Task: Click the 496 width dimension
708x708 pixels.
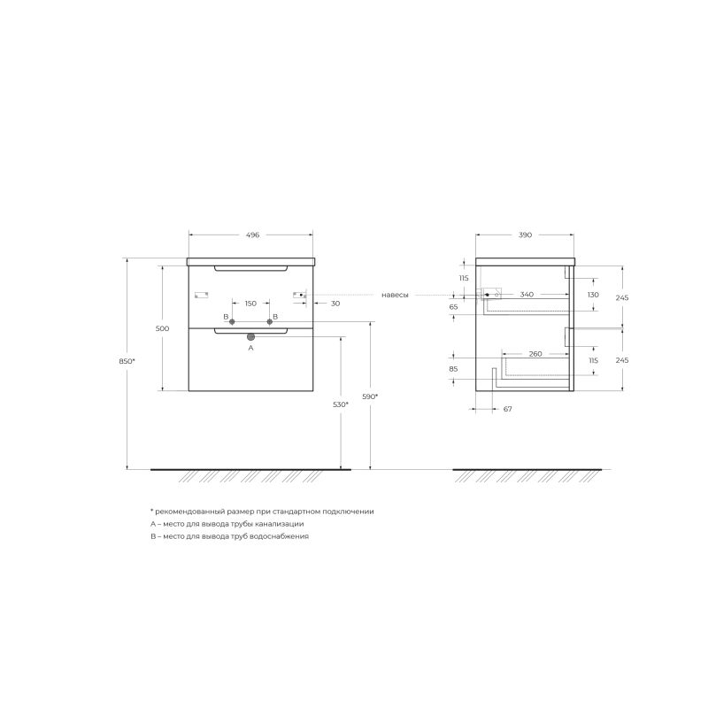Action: [252, 235]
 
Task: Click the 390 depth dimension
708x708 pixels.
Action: [525, 235]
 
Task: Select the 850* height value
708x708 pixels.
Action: [127, 361]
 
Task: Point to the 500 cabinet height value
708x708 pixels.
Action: [162, 328]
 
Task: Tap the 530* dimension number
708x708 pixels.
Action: [341, 404]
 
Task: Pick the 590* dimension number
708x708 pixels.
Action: [371, 396]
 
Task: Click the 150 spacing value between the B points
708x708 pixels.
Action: [250, 304]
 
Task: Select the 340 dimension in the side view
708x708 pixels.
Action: [527, 294]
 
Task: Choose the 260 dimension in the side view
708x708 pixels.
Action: [535, 354]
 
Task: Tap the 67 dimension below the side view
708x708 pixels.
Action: [508, 410]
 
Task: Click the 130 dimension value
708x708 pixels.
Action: [594, 295]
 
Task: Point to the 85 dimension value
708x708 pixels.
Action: [453, 369]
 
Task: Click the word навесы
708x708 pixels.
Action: [396, 295]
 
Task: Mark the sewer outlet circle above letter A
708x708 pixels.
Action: [250, 337]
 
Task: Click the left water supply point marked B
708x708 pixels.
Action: [232, 322]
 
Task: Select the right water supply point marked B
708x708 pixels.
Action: [270, 322]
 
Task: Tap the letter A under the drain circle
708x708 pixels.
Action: [250, 349]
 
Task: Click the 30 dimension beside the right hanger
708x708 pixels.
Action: [335, 304]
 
